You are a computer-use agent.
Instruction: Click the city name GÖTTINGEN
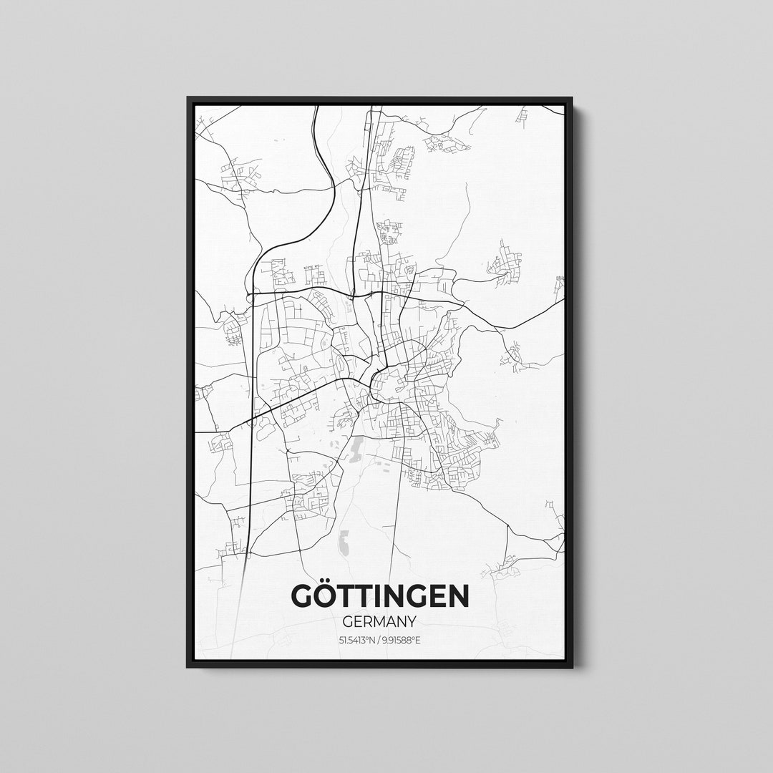pos(380,595)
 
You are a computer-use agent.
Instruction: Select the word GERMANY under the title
pos(380,621)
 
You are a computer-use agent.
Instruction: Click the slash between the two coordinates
pos(378,639)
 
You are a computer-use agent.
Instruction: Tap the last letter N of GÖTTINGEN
pos(459,596)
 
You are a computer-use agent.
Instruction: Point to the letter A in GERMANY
pos(394,621)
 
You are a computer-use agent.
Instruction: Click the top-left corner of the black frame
pos(188,99)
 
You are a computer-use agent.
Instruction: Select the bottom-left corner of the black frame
pos(188,666)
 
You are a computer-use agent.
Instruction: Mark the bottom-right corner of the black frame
pos(570,666)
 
